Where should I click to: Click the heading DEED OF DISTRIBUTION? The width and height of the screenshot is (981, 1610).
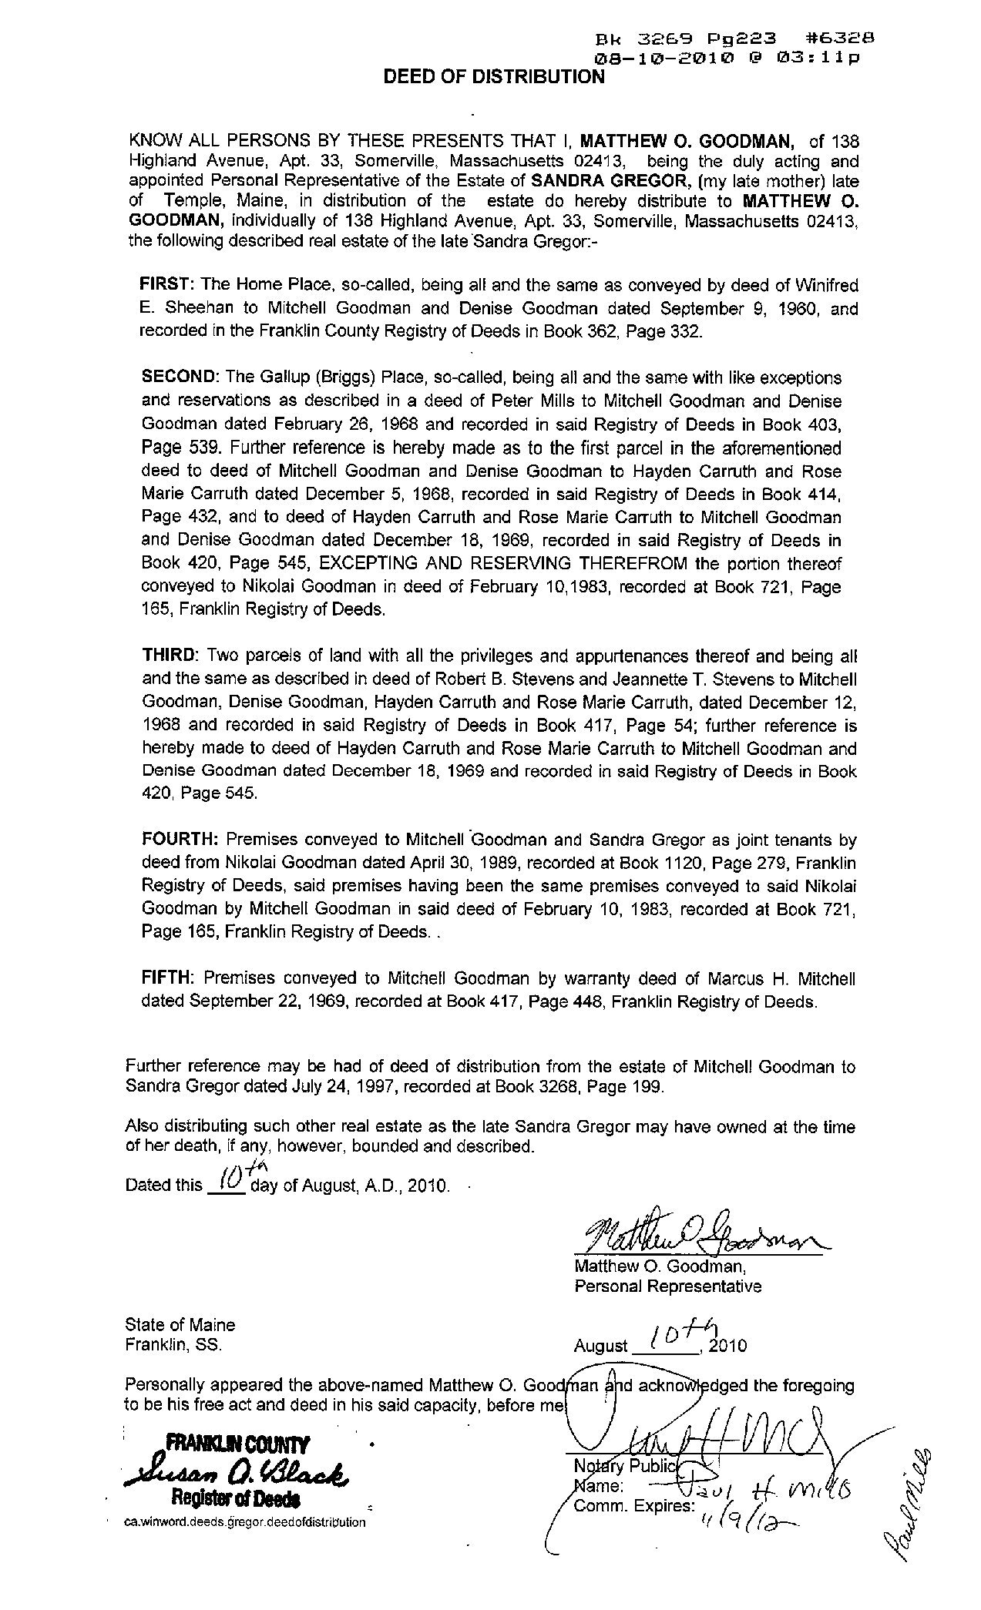point(494,76)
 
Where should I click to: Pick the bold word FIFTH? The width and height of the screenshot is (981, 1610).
point(169,979)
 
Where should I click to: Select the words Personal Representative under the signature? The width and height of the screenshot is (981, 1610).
point(667,1286)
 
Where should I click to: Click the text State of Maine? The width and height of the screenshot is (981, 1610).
point(180,1325)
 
